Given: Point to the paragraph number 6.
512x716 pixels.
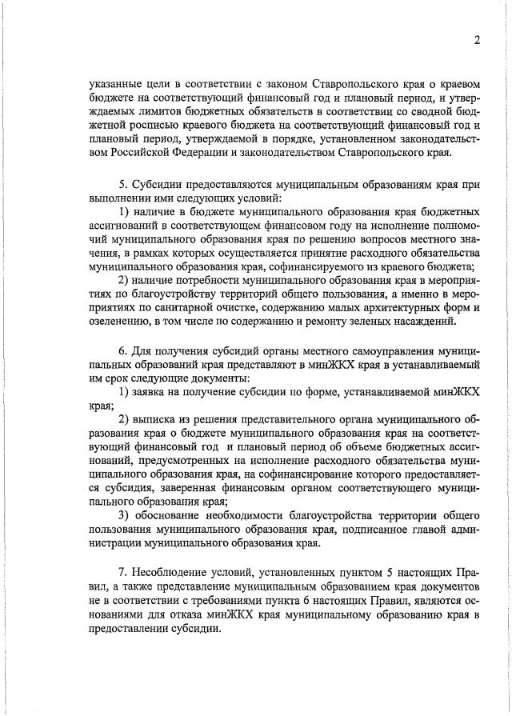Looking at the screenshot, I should [x=122, y=352].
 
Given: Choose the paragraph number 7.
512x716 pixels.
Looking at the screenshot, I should [x=122, y=574].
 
